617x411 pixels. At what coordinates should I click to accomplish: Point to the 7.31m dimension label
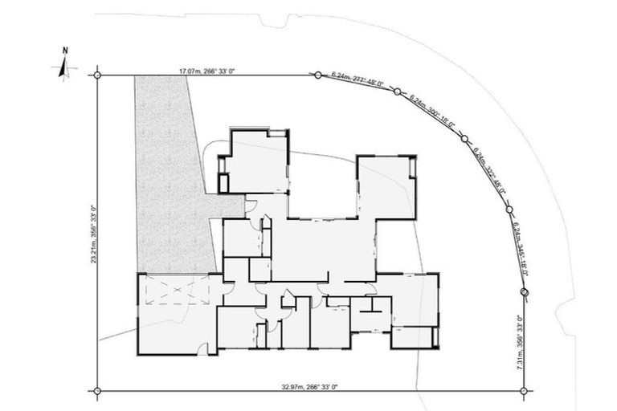(520, 342)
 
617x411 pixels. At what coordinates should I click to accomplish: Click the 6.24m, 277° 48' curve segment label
(358, 80)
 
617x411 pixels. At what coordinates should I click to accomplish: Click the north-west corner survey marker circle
(98, 75)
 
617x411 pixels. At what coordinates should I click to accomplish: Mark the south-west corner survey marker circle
(98, 391)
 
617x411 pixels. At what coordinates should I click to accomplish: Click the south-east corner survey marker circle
(525, 391)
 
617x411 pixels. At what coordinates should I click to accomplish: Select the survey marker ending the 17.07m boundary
(314, 75)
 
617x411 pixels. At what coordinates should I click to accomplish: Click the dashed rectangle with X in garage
(173, 294)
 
